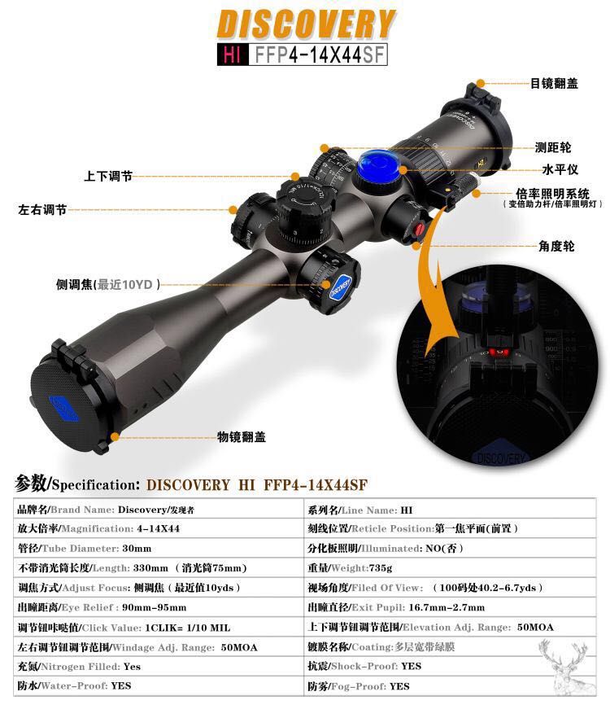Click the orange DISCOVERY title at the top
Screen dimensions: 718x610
coord(305,24)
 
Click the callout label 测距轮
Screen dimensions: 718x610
coord(552,147)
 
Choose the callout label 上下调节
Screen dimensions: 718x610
coord(108,176)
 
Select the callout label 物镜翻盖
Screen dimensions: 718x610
coord(241,437)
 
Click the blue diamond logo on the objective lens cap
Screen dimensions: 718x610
coord(63,406)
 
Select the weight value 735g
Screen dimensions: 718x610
coord(378,568)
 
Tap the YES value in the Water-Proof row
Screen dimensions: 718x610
coord(121,686)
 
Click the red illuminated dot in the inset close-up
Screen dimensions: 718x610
coord(497,352)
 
